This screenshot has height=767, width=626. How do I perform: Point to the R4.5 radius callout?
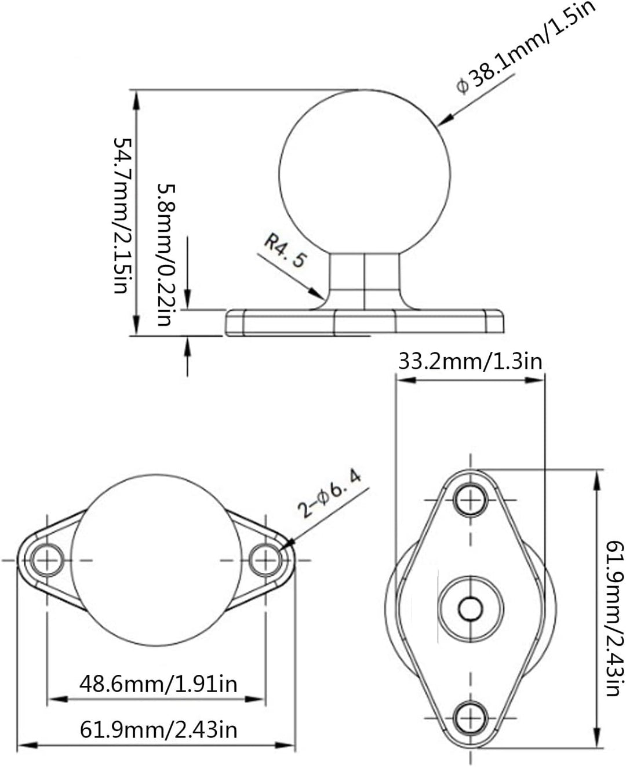pos(285,250)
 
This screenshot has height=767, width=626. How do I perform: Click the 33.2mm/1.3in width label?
pos(469,362)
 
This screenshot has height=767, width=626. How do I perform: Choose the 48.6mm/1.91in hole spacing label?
pos(158,684)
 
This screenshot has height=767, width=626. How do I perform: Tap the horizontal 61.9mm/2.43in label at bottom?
pos(158,729)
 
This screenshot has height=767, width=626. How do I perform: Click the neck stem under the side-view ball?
pos(365,281)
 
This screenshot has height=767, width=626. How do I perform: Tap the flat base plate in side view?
pos(365,322)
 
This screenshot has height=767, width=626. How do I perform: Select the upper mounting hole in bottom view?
pos(470,499)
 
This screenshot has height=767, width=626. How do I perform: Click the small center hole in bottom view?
pos(470,608)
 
